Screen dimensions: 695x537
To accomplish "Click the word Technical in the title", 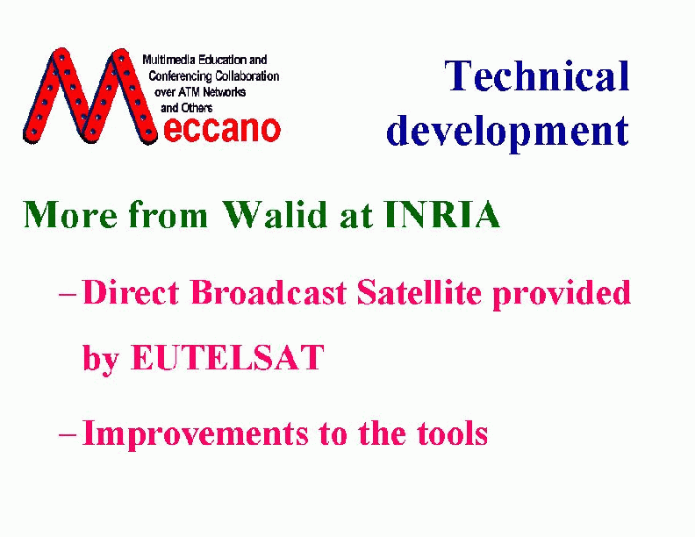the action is point(537,75).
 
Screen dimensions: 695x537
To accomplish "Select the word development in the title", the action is point(507,132).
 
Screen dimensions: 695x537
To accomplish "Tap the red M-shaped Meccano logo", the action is point(90,97).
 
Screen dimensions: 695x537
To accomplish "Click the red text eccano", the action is point(222,129).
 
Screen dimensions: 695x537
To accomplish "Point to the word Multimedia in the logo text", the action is point(169,60).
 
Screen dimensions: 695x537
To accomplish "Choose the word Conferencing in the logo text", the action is point(181,76).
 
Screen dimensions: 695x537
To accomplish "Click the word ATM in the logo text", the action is point(190,92).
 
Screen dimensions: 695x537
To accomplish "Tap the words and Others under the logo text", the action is point(187,108).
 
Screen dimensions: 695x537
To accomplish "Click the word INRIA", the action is point(442,214).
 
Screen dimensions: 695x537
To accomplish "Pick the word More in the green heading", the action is point(70,214).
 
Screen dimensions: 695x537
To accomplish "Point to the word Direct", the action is point(131,292).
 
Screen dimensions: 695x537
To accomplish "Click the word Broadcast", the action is point(269,292).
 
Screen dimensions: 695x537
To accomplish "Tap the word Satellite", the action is point(419,292).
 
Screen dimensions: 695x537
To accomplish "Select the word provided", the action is point(562,294).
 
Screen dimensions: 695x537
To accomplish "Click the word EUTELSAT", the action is point(227,356).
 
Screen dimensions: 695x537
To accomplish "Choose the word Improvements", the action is point(195,434).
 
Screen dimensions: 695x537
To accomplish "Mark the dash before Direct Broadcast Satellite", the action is point(68,294).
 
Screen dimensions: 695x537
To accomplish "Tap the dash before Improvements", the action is point(68,434).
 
